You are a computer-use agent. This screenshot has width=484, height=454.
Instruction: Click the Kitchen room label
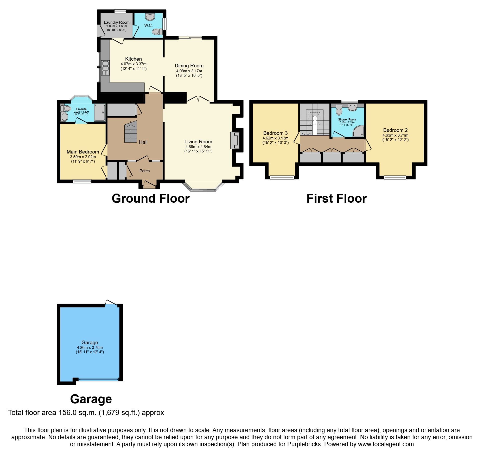pos(133,59)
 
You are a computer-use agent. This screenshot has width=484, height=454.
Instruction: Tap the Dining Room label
pos(189,66)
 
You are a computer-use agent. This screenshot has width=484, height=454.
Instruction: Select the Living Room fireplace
pos(235,140)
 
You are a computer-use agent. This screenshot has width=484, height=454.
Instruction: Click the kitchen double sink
pos(106,66)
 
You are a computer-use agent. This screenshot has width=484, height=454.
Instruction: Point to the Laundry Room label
pos(117,22)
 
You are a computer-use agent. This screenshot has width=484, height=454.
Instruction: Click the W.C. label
pos(148,25)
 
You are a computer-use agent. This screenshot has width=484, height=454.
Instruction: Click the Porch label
pos(144,171)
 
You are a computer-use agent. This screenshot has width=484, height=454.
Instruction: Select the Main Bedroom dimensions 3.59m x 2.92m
pos(83,157)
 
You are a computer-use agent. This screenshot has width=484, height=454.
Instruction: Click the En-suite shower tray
pos(100,113)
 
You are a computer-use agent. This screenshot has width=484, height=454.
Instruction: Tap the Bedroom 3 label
pos(275,133)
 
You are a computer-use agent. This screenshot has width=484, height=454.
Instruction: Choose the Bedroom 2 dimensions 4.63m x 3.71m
pos(395,135)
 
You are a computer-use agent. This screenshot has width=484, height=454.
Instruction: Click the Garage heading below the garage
pos(91,399)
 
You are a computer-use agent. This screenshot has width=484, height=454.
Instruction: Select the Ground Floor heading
pos(150,199)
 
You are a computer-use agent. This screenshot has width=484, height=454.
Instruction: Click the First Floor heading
pos(336,199)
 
